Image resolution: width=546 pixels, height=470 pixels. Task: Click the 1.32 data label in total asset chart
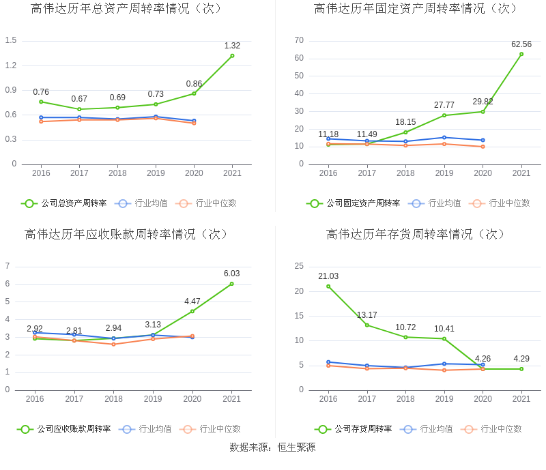232,46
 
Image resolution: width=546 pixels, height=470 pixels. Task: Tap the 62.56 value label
521,44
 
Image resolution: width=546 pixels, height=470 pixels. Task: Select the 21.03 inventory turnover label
328,276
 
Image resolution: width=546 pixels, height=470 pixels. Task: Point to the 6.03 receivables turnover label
231,274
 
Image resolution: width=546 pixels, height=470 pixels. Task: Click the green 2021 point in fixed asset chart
521,54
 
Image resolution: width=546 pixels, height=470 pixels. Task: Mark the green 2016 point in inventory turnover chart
328,287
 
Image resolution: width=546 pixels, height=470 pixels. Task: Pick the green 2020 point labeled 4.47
192,311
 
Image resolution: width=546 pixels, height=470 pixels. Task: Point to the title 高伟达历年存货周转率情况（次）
416,234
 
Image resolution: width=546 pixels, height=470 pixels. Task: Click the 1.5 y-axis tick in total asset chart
11,40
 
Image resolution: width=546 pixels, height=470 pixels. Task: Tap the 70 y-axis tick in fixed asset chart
299,40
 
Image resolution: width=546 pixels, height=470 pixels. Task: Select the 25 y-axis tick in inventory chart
299,266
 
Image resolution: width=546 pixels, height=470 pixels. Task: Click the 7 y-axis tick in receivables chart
8,266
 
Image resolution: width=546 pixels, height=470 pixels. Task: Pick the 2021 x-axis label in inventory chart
521,399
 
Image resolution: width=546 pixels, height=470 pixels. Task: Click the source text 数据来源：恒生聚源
273,447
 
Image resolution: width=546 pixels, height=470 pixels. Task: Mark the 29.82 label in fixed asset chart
483,102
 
